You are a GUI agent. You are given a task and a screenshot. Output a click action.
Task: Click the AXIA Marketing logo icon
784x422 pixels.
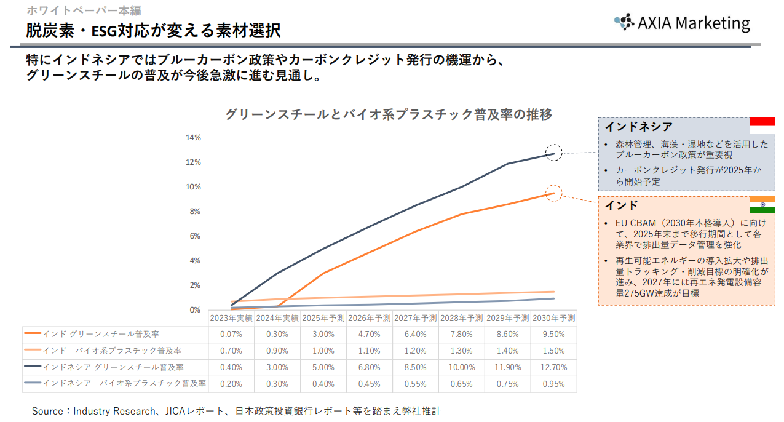(x=624, y=22)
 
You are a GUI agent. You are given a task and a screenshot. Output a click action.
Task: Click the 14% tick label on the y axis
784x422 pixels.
(x=193, y=138)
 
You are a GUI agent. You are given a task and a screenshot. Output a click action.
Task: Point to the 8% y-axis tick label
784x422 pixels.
(x=195, y=212)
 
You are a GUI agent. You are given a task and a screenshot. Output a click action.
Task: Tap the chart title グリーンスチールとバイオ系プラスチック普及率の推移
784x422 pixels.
(x=388, y=114)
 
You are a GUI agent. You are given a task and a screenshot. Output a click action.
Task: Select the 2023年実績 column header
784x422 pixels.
(x=231, y=318)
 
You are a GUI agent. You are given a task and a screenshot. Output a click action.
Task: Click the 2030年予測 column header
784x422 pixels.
(x=553, y=318)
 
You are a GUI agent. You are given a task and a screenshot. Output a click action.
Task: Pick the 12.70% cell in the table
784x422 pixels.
(x=553, y=367)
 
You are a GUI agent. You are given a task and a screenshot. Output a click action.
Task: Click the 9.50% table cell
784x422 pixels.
(x=553, y=334)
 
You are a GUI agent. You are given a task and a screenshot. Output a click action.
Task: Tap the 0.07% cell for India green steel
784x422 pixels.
(x=231, y=334)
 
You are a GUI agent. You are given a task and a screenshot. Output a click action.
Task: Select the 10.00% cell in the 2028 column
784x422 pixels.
(x=461, y=367)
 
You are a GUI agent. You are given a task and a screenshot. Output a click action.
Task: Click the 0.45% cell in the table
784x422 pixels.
(x=369, y=384)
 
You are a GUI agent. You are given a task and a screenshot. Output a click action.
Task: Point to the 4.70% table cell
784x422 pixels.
(x=369, y=334)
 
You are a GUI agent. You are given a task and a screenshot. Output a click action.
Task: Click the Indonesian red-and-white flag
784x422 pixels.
(x=762, y=125)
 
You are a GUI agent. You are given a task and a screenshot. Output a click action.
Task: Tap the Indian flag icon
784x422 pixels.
(x=762, y=205)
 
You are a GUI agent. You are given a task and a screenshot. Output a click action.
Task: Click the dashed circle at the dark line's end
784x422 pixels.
(x=554, y=153)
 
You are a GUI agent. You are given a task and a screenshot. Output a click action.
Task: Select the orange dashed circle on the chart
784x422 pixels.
(x=554, y=193)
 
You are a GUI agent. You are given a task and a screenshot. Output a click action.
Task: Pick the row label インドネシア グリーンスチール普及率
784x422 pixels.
(x=113, y=367)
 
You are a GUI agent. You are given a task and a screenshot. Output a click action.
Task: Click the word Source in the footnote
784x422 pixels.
(x=47, y=411)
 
